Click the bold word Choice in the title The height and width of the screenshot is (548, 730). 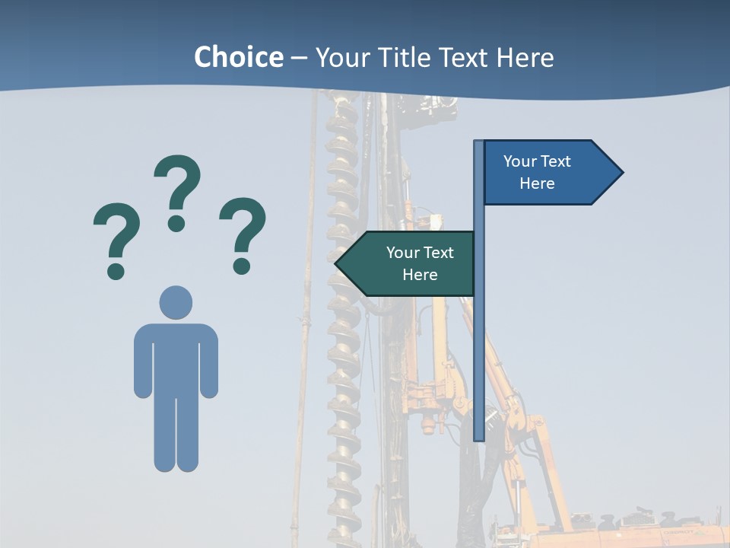pos(238,57)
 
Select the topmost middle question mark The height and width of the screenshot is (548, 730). pos(177,186)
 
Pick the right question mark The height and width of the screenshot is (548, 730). pos(243,228)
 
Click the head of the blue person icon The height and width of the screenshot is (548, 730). pos(176,302)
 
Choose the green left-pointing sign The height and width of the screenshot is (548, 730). pos(411,263)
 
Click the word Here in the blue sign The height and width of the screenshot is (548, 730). pos(537,183)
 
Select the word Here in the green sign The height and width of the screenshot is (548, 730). pos(420,275)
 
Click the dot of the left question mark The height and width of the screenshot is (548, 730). pos(116,270)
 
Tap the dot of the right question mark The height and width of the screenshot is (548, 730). pos(242,265)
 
